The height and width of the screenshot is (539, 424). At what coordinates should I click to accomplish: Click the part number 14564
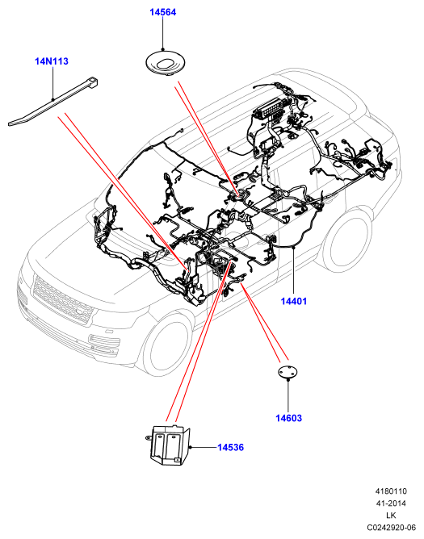163,12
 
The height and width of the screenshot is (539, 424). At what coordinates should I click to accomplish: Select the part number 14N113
52,61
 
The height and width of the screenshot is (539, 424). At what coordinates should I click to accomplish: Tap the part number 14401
293,302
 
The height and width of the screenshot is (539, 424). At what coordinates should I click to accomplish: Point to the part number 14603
288,418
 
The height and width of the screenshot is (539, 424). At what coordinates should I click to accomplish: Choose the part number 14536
230,448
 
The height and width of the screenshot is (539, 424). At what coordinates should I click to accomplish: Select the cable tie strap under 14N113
52,102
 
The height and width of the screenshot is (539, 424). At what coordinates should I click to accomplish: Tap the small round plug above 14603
288,372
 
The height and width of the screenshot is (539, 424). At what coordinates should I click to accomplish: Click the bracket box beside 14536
169,446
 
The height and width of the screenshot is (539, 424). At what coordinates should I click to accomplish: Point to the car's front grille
62,299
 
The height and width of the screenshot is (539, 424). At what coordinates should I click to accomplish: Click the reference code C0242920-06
391,528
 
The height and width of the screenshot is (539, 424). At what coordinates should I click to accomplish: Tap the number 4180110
391,491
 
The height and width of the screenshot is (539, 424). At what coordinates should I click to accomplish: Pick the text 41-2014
391,503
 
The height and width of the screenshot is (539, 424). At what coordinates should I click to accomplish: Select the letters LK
391,516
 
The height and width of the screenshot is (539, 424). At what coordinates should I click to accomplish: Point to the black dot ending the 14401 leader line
293,247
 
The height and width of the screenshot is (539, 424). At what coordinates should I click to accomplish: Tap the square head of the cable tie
93,82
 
